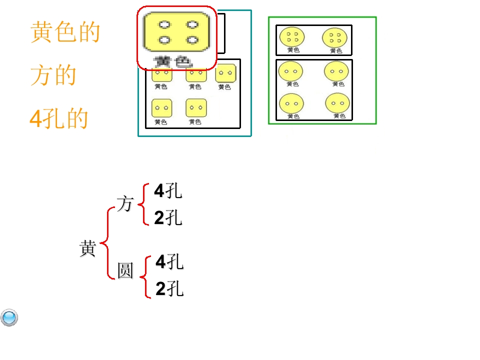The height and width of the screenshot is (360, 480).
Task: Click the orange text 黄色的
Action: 65,32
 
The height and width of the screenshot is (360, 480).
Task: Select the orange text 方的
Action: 53,75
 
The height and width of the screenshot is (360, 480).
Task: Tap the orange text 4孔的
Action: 58,119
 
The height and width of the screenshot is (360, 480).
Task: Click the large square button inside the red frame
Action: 176,32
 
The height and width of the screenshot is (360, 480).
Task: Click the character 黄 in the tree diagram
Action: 87,248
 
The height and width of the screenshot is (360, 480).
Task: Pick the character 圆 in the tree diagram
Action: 125,270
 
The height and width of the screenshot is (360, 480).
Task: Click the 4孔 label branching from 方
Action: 168,191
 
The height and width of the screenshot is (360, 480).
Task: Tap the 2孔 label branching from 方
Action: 168,218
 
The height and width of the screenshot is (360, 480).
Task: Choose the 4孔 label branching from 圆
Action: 169,261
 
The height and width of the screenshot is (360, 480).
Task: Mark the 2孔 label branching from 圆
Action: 169,289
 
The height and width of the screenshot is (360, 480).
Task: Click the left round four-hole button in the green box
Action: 292,37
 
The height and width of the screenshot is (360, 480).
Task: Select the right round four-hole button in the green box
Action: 335,37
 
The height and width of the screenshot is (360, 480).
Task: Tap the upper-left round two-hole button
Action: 291,71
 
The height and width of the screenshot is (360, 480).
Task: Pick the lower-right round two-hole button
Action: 337,103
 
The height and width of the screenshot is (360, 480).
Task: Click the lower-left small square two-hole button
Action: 161,107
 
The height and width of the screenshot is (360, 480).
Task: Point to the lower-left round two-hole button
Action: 291,104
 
